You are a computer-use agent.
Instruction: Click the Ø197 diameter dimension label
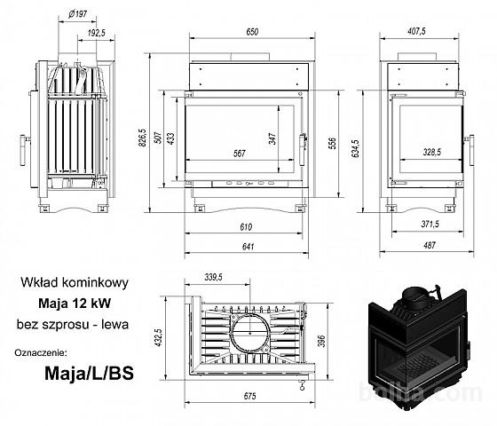click(77, 14)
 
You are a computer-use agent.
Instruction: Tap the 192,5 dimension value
click(97, 33)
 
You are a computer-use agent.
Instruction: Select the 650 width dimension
click(252, 32)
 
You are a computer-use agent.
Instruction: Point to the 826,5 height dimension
click(142, 138)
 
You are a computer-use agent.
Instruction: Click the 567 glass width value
click(240, 154)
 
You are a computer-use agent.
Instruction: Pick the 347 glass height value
click(272, 138)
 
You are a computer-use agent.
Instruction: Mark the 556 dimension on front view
click(332, 143)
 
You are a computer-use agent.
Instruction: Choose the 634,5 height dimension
click(356, 149)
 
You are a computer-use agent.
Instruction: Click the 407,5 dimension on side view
click(416, 31)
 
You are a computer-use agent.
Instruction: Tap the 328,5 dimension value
click(431, 152)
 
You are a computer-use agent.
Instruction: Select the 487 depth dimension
click(429, 245)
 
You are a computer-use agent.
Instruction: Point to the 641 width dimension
click(248, 247)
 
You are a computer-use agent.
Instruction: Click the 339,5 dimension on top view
click(213, 277)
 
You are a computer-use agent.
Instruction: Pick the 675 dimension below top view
click(249, 396)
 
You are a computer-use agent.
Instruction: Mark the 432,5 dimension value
click(158, 337)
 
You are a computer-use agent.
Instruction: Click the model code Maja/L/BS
click(89, 374)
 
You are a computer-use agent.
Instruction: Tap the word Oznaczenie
click(41, 353)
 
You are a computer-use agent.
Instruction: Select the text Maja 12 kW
click(75, 304)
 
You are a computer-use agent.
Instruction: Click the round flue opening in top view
click(250, 333)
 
